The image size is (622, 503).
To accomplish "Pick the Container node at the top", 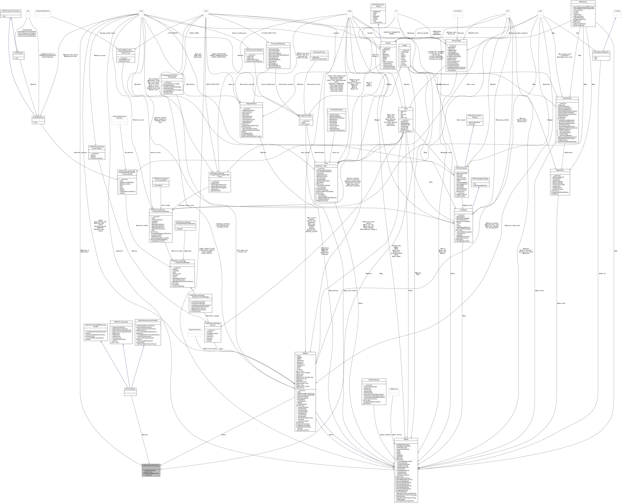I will pyautogui.click(x=617, y=11).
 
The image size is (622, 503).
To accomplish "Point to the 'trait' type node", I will pyautogui.click(x=28, y=11).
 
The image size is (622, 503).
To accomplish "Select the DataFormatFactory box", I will pyautogui.click(x=195, y=330).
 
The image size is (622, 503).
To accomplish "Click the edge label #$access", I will pyautogui.click(x=145, y=435).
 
